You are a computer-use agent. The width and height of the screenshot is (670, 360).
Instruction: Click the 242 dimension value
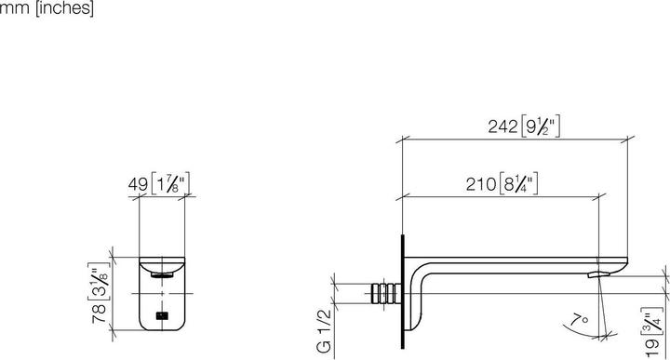tap(502, 127)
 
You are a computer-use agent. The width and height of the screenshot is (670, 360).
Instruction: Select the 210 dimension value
tap(481, 184)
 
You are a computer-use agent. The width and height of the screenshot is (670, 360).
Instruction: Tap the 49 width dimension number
tap(138, 184)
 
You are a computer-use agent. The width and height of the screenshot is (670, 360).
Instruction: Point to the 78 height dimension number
tap(99, 313)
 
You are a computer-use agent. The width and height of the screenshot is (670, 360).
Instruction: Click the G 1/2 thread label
tap(324, 331)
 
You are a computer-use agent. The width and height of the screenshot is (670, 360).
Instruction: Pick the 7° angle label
tap(580, 319)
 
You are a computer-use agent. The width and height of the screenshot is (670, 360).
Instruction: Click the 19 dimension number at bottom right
tap(652, 348)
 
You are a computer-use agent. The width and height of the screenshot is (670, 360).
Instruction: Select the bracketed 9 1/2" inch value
tap(541, 127)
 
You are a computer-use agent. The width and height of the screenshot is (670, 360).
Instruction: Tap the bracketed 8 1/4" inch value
tap(518, 184)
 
